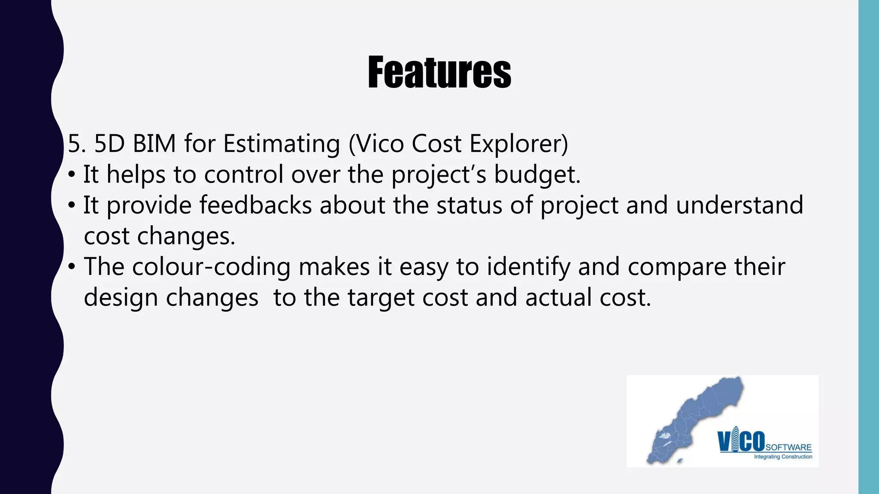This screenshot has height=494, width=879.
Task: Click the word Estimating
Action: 282,144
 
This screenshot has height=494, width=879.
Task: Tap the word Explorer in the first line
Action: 518,144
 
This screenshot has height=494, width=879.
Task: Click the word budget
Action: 537,175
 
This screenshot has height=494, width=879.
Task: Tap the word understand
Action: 739,205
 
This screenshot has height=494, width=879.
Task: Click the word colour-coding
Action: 212,267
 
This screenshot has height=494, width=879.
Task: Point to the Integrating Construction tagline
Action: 783,457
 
